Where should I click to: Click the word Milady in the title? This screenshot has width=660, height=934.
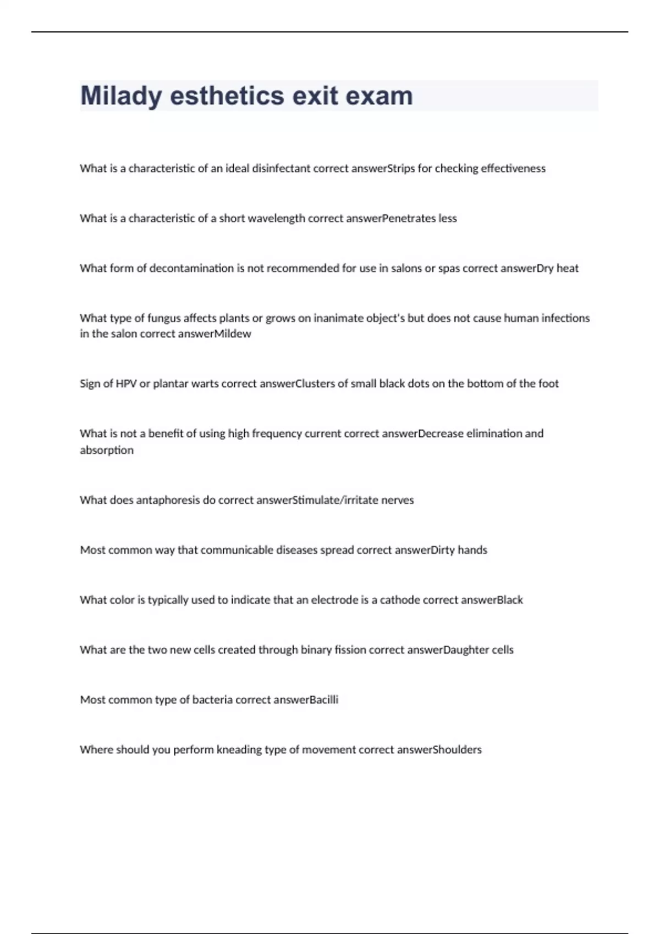pos(121,96)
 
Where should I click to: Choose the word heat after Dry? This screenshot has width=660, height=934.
pos(568,269)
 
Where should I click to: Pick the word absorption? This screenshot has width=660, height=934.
pos(107,451)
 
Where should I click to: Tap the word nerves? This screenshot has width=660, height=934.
pos(397,501)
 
